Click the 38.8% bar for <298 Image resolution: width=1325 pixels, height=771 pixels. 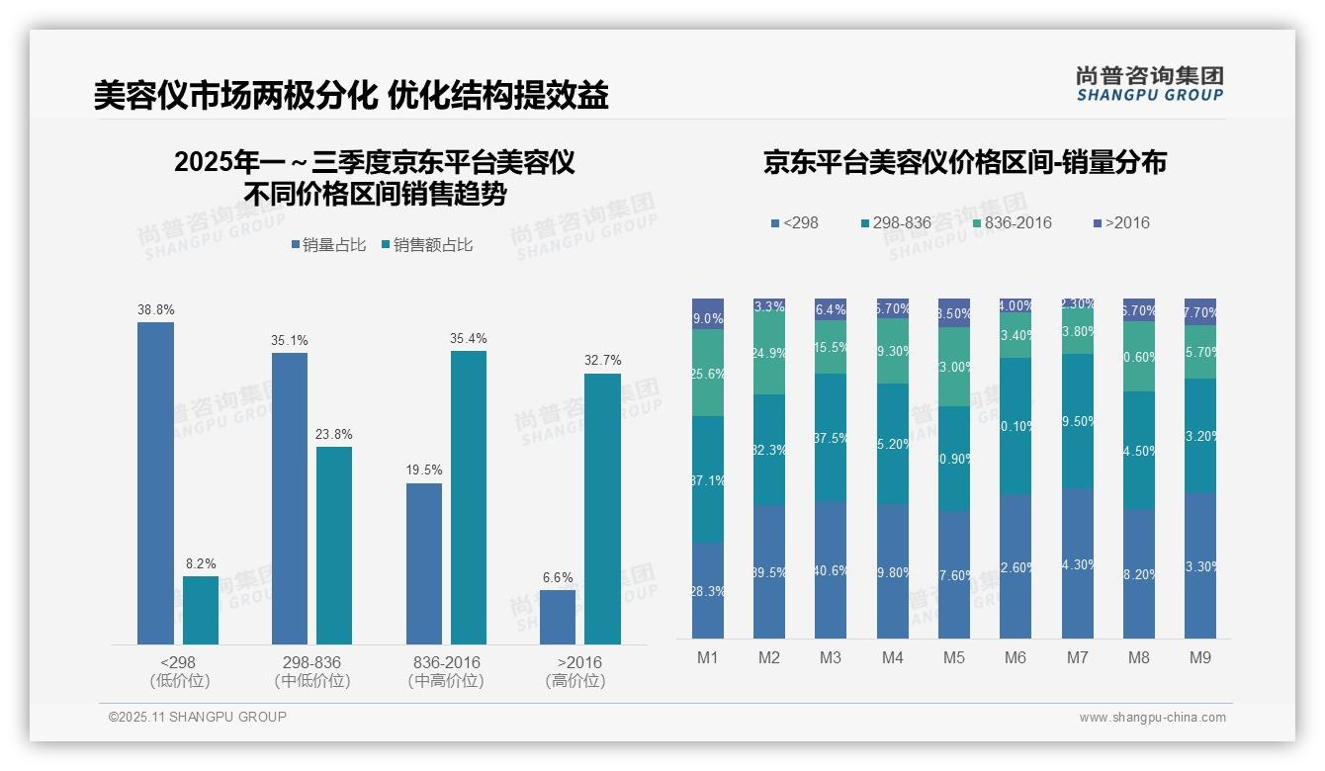pyautogui.click(x=155, y=483)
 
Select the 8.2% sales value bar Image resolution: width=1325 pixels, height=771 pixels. pyautogui.click(x=201, y=610)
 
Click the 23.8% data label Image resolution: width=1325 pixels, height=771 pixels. pyautogui.click(x=334, y=434)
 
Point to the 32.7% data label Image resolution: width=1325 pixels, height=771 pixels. pyautogui.click(x=602, y=361)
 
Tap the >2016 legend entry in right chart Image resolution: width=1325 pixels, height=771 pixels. pyautogui.click(x=1121, y=222)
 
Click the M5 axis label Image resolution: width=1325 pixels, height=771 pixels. pyautogui.click(x=954, y=657)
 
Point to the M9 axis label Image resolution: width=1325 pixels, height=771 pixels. pyautogui.click(x=1199, y=657)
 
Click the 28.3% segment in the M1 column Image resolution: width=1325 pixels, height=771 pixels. pyautogui.click(x=708, y=590)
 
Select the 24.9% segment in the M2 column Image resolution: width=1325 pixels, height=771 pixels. pyautogui.click(x=769, y=353)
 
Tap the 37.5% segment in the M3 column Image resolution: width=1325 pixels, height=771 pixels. pyautogui.click(x=831, y=437)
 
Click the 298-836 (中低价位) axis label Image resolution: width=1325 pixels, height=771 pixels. pyautogui.click(x=311, y=671)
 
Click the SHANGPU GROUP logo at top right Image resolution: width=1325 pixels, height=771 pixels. pyautogui.click(x=1149, y=84)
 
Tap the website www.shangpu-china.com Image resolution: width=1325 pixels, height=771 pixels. pyautogui.click(x=1152, y=718)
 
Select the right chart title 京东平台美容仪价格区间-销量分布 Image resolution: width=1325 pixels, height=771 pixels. pyautogui.click(x=964, y=162)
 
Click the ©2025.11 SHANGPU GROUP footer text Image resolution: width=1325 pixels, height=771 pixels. pyautogui.click(x=197, y=717)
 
